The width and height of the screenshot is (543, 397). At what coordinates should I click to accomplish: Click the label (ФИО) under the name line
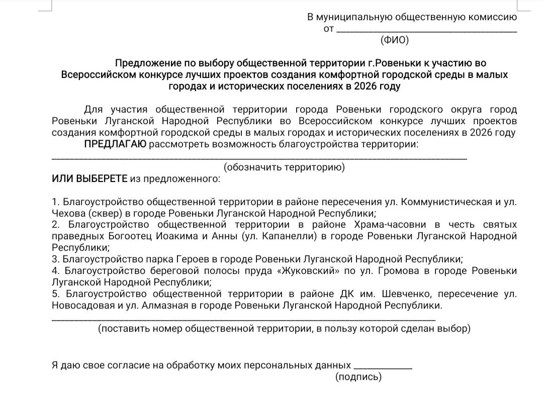point(395,40)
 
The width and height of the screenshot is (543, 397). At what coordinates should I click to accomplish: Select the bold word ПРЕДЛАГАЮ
point(115,145)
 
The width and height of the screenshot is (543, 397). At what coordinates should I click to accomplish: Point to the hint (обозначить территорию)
point(284,167)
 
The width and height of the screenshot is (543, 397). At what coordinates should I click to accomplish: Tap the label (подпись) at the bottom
point(358,377)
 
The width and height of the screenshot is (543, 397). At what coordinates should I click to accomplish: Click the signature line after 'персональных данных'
point(383,366)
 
